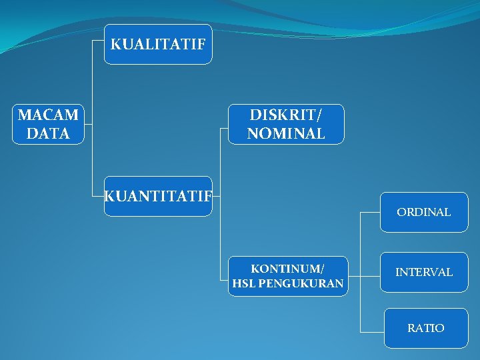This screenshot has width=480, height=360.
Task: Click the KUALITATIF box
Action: tap(158, 44)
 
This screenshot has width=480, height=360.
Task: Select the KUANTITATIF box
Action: tap(158, 196)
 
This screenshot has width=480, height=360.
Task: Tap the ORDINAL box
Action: tap(424, 212)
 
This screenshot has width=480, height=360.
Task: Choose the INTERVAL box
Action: tap(424, 272)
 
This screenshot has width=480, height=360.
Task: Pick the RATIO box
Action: tap(426, 328)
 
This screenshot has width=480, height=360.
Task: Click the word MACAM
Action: tap(48, 115)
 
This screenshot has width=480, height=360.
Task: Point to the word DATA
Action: tap(48, 133)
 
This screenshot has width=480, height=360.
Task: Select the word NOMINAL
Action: tap(286, 133)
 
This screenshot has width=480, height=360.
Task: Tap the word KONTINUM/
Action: tap(287, 269)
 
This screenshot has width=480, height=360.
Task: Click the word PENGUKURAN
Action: tap(301, 284)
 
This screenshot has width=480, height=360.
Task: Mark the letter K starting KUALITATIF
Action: tap(115, 45)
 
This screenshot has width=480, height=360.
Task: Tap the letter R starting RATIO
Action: tap(411, 328)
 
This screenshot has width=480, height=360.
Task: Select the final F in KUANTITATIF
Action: tap(208, 196)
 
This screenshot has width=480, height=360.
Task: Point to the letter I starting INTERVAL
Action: tap(397, 272)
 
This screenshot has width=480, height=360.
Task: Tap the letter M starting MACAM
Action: tap(24, 115)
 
